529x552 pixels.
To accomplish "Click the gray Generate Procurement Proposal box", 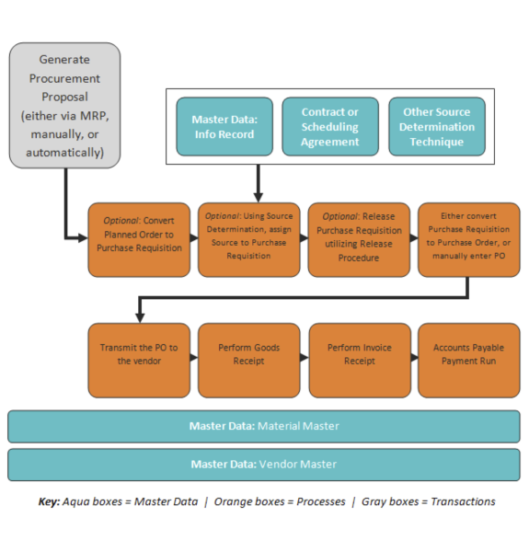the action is pyautogui.click(x=64, y=105).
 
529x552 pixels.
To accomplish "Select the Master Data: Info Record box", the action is pyautogui.click(x=224, y=127).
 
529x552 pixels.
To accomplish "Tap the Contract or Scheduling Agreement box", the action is pyautogui.click(x=330, y=127).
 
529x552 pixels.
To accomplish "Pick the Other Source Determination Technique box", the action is pyautogui.click(x=437, y=127).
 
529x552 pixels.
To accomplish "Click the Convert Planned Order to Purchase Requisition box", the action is pyautogui.click(x=139, y=240).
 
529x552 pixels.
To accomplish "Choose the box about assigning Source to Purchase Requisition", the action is pyautogui.click(x=248, y=240).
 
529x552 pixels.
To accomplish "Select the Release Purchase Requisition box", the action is pyautogui.click(x=359, y=240).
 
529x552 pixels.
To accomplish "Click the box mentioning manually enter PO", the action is pyautogui.click(x=469, y=240).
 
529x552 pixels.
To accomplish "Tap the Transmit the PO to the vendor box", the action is pyautogui.click(x=139, y=361).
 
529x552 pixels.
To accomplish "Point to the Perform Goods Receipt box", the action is pyautogui.click(x=248, y=361).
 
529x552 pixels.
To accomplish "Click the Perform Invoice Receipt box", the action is pyautogui.click(x=360, y=361).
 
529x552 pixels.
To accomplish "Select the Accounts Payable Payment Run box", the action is pyautogui.click(x=469, y=361).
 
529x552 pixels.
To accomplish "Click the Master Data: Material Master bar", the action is pyautogui.click(x=264, y=426).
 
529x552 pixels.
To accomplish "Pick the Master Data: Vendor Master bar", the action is pyautogui.click(x=264, y=465).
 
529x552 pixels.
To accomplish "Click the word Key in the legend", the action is pyautogui.click(x=49, y=501).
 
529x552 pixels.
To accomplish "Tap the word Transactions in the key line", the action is pyautogui.click(x=463, y=501).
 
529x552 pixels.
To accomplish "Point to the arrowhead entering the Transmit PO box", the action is pyautogui.click(x=140, y=317).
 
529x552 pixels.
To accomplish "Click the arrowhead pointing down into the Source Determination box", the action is pyautogui.click(x=259, y=197).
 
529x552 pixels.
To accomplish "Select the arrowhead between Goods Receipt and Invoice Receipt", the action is pyautogui.click(x=305, y=357).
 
